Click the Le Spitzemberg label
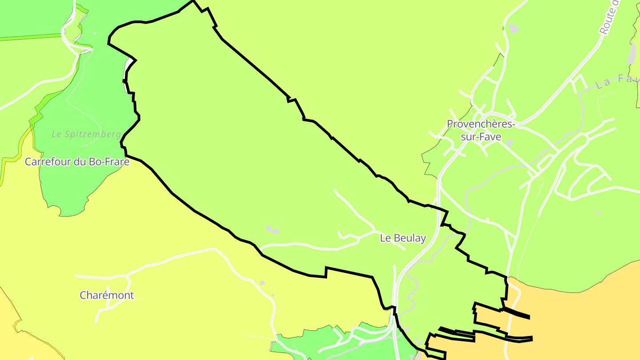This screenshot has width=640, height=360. click(86, 134)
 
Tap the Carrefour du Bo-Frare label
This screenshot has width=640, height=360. click(77, 162)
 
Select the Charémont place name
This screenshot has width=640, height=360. click(107, 295)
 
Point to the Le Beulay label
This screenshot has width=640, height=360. click(403, 238)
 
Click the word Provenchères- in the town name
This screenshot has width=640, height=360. click(481, 124)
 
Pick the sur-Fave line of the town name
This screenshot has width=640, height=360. click(481, 137)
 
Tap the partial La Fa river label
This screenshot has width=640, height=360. click(618, 81)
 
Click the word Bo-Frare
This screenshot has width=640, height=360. click(109, 162)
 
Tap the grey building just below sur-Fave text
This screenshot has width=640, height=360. click(509, 143)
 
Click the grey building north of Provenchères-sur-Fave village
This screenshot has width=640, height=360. click(514, 28)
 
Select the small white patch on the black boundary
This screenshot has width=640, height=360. click(129, 67)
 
